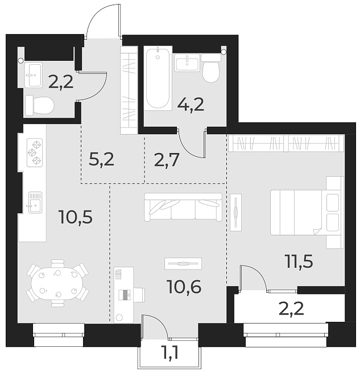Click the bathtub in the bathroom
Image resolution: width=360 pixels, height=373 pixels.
158,78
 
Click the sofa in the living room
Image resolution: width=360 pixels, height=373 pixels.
183,206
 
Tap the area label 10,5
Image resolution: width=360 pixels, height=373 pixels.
76,217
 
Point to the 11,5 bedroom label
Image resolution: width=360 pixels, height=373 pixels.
299,262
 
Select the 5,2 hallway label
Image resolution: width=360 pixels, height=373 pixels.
102,159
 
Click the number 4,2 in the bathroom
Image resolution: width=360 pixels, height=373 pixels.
191,104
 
